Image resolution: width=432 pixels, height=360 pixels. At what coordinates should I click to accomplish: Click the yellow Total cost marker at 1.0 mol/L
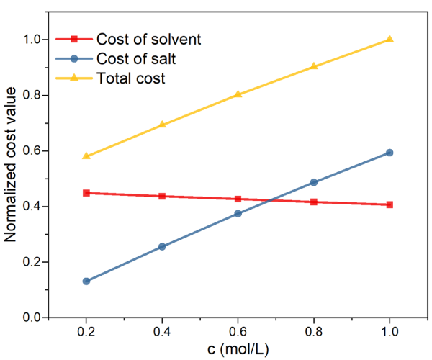(x=390, y=39)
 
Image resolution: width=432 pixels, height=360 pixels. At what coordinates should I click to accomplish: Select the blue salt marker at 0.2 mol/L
(x=86, y=281)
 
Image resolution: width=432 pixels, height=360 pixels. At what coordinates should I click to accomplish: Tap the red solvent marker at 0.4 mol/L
(x=162, y=196)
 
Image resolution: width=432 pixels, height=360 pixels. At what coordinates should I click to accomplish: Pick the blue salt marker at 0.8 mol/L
(x=314, y=182)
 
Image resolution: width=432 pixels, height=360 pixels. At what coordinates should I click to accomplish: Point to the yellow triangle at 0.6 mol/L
(x=238, y=94)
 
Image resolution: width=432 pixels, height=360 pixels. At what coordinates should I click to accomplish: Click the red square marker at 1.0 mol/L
(x=390, y=204)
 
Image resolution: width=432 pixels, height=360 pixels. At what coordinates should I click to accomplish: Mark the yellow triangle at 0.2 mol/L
(x=86, y=156)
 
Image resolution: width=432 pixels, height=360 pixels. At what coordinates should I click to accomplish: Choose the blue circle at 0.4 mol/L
(x=162, y=246)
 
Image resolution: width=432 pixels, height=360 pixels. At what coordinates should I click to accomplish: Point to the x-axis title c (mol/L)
(x=238, y=350)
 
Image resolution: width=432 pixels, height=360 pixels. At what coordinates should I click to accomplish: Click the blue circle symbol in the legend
(x=73, y=58)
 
